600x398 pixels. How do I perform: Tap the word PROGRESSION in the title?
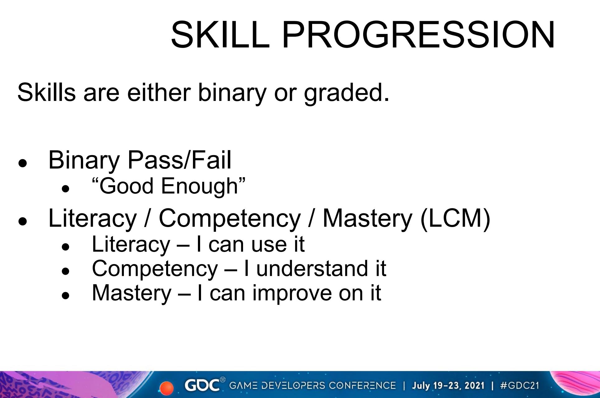418,34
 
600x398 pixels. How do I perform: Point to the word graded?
346,93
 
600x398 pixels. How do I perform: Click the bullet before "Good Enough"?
65,188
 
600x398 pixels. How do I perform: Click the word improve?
292,293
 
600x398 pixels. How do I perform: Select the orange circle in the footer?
166,388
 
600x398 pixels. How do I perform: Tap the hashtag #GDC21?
519,386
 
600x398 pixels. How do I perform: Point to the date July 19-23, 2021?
448,386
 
